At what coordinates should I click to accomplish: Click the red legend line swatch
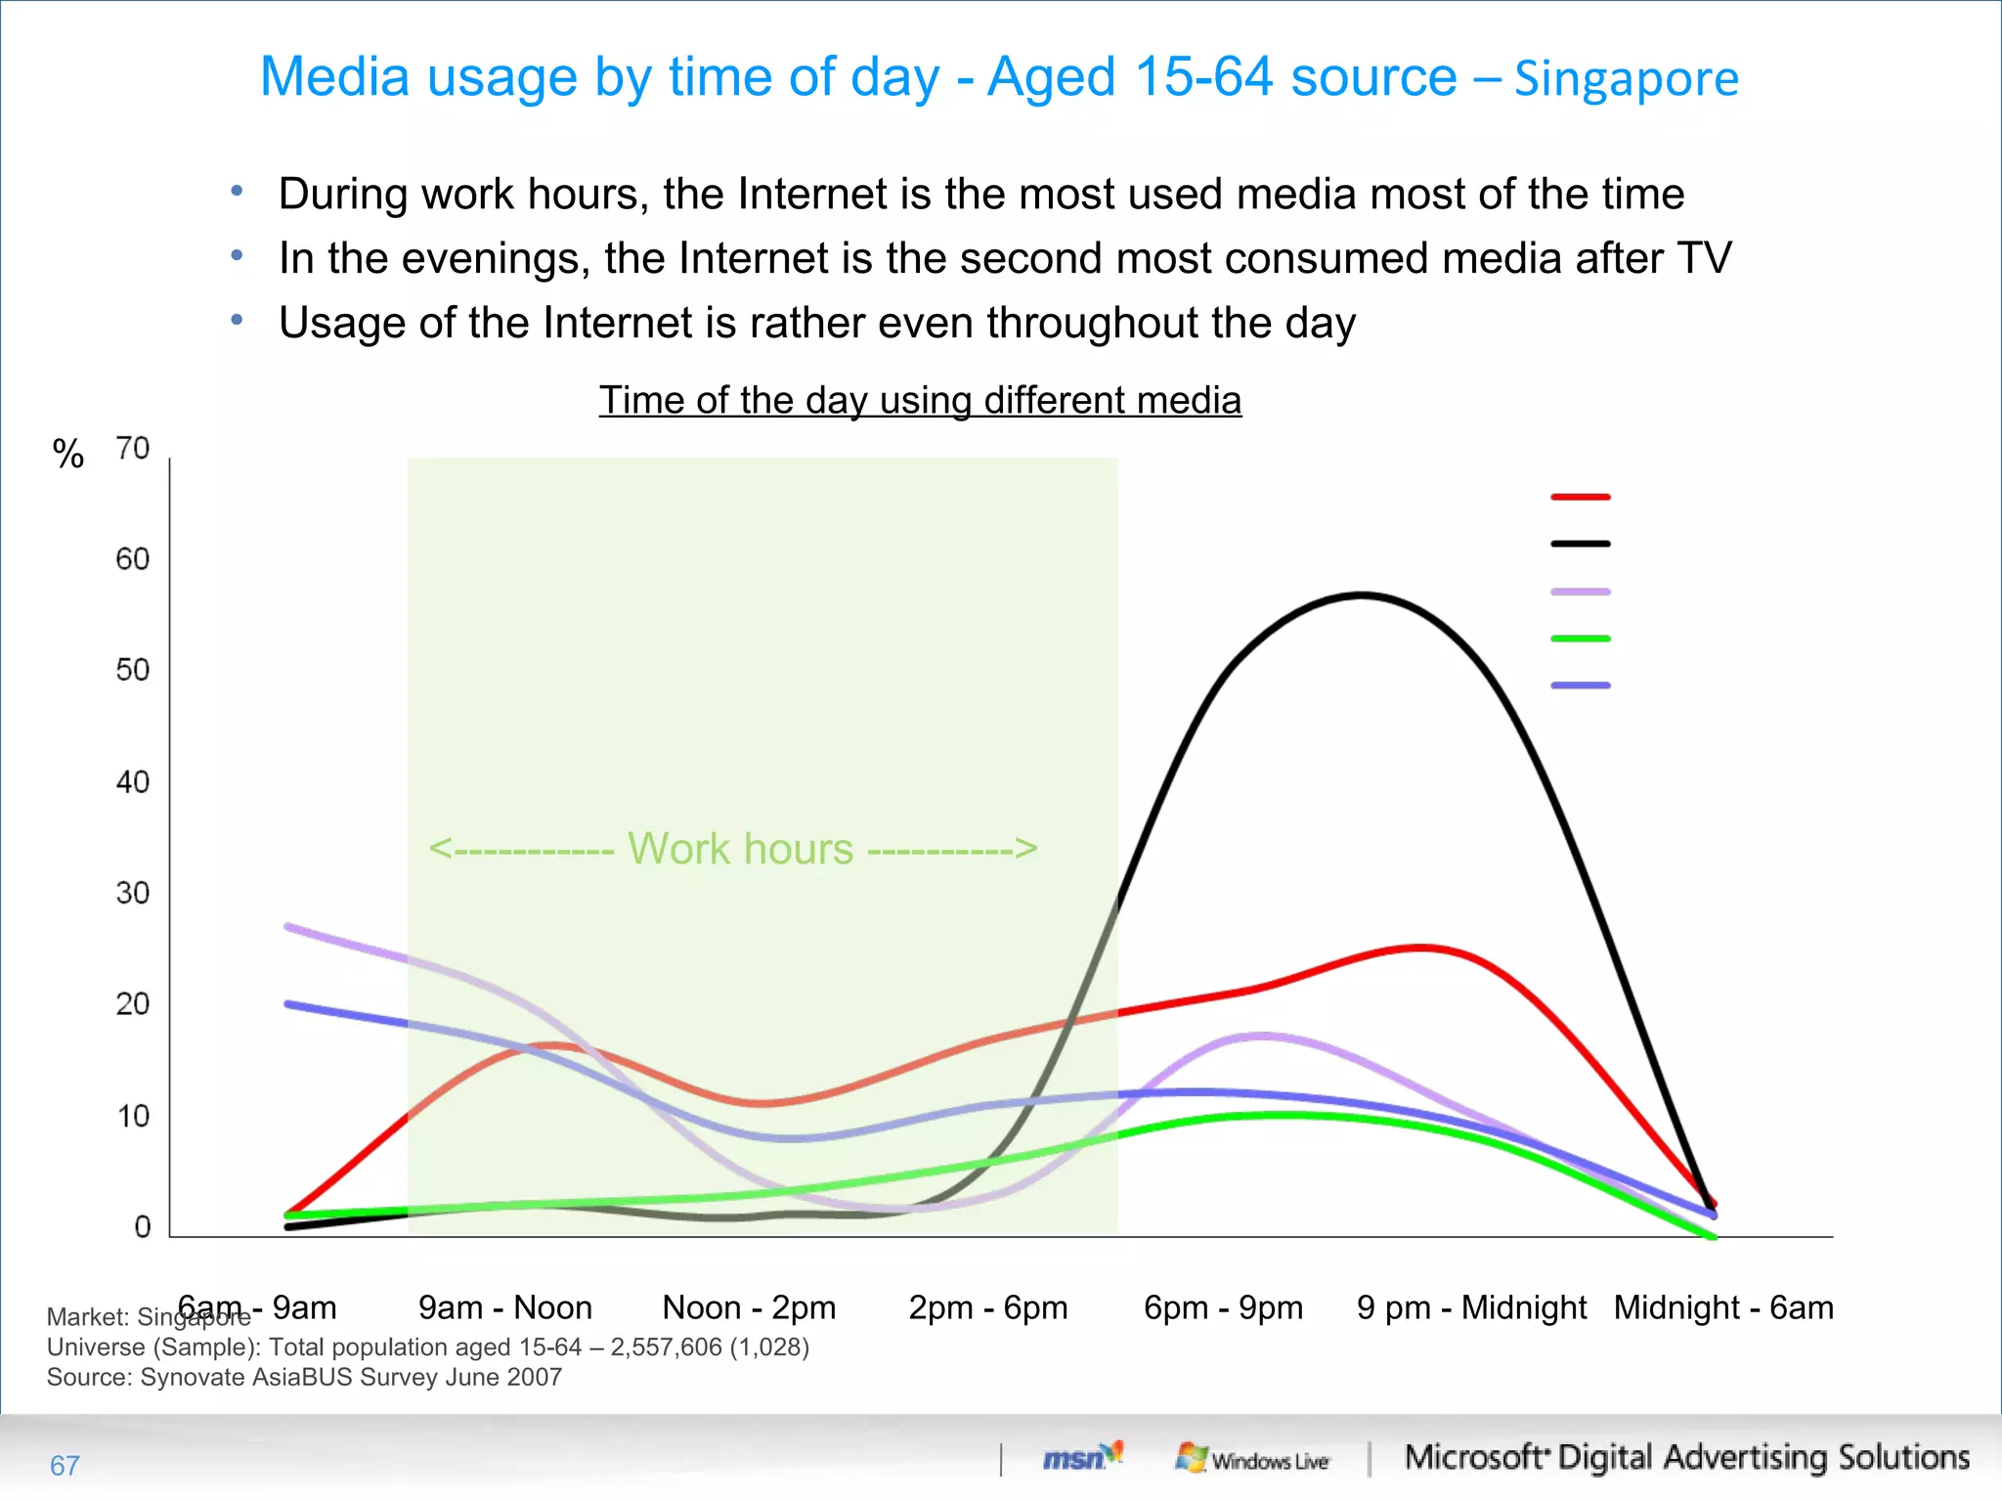[x=1580, y=497]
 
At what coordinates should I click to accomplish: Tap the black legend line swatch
[x=1580, y=544]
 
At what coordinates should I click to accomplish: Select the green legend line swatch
[x=1580, y=639]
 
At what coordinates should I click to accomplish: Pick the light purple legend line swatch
[x=1580, y=592]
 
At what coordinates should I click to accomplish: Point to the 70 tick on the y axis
[x=133, y=449]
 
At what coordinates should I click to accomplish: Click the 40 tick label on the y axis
[x=133, y=782]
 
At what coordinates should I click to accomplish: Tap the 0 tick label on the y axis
[x=143, y=1226]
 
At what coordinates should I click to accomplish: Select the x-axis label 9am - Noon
[x=505, y=1307]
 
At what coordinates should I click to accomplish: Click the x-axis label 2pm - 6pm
[x=987, y=1307]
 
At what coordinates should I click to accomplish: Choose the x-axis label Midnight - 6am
[x=1723, y=1307]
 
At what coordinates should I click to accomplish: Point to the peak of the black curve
[x=1363, y=595]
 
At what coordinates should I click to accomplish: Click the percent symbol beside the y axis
[x=68, y=454]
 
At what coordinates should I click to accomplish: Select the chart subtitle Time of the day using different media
[x=920, y=400]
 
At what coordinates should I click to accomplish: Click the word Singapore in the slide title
[x=1627, y=79]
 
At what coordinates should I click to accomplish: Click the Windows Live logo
[x=1253, y=1459]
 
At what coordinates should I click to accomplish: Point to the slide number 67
[x=65, y=1465]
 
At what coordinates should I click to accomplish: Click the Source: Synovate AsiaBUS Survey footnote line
[x=304, y=1377]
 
